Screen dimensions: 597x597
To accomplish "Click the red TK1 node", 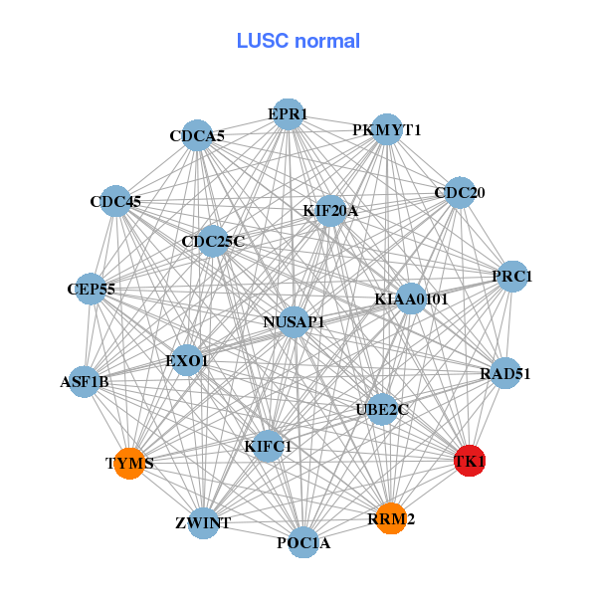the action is [469, 461].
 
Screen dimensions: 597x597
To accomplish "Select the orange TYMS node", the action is [129, 463].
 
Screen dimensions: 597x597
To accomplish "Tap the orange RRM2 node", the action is [392, 517].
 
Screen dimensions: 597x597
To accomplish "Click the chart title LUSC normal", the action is [298, 41].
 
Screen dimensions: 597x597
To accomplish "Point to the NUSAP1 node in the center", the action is [294, 321].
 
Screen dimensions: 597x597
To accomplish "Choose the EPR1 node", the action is [288, 114].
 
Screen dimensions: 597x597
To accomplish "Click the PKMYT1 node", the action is [386, 130].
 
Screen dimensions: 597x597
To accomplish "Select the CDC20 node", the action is [459, 193].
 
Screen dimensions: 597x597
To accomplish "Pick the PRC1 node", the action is [511, 276].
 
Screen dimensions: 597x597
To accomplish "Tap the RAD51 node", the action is [505, 373].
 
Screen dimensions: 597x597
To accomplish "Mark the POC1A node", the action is [303, 542].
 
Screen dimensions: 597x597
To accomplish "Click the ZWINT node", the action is [203, 522].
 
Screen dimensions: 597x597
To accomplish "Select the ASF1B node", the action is [85, 381].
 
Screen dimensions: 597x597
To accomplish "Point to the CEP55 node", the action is [92, 289].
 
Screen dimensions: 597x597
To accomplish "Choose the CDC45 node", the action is [115, 202].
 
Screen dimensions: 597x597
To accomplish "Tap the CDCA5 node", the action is [197, 136].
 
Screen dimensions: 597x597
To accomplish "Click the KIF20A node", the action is [330, 211].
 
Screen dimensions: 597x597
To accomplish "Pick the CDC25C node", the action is [213, 241].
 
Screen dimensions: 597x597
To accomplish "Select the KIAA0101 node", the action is [411, 298].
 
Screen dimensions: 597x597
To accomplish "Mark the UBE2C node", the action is [382, 409].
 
